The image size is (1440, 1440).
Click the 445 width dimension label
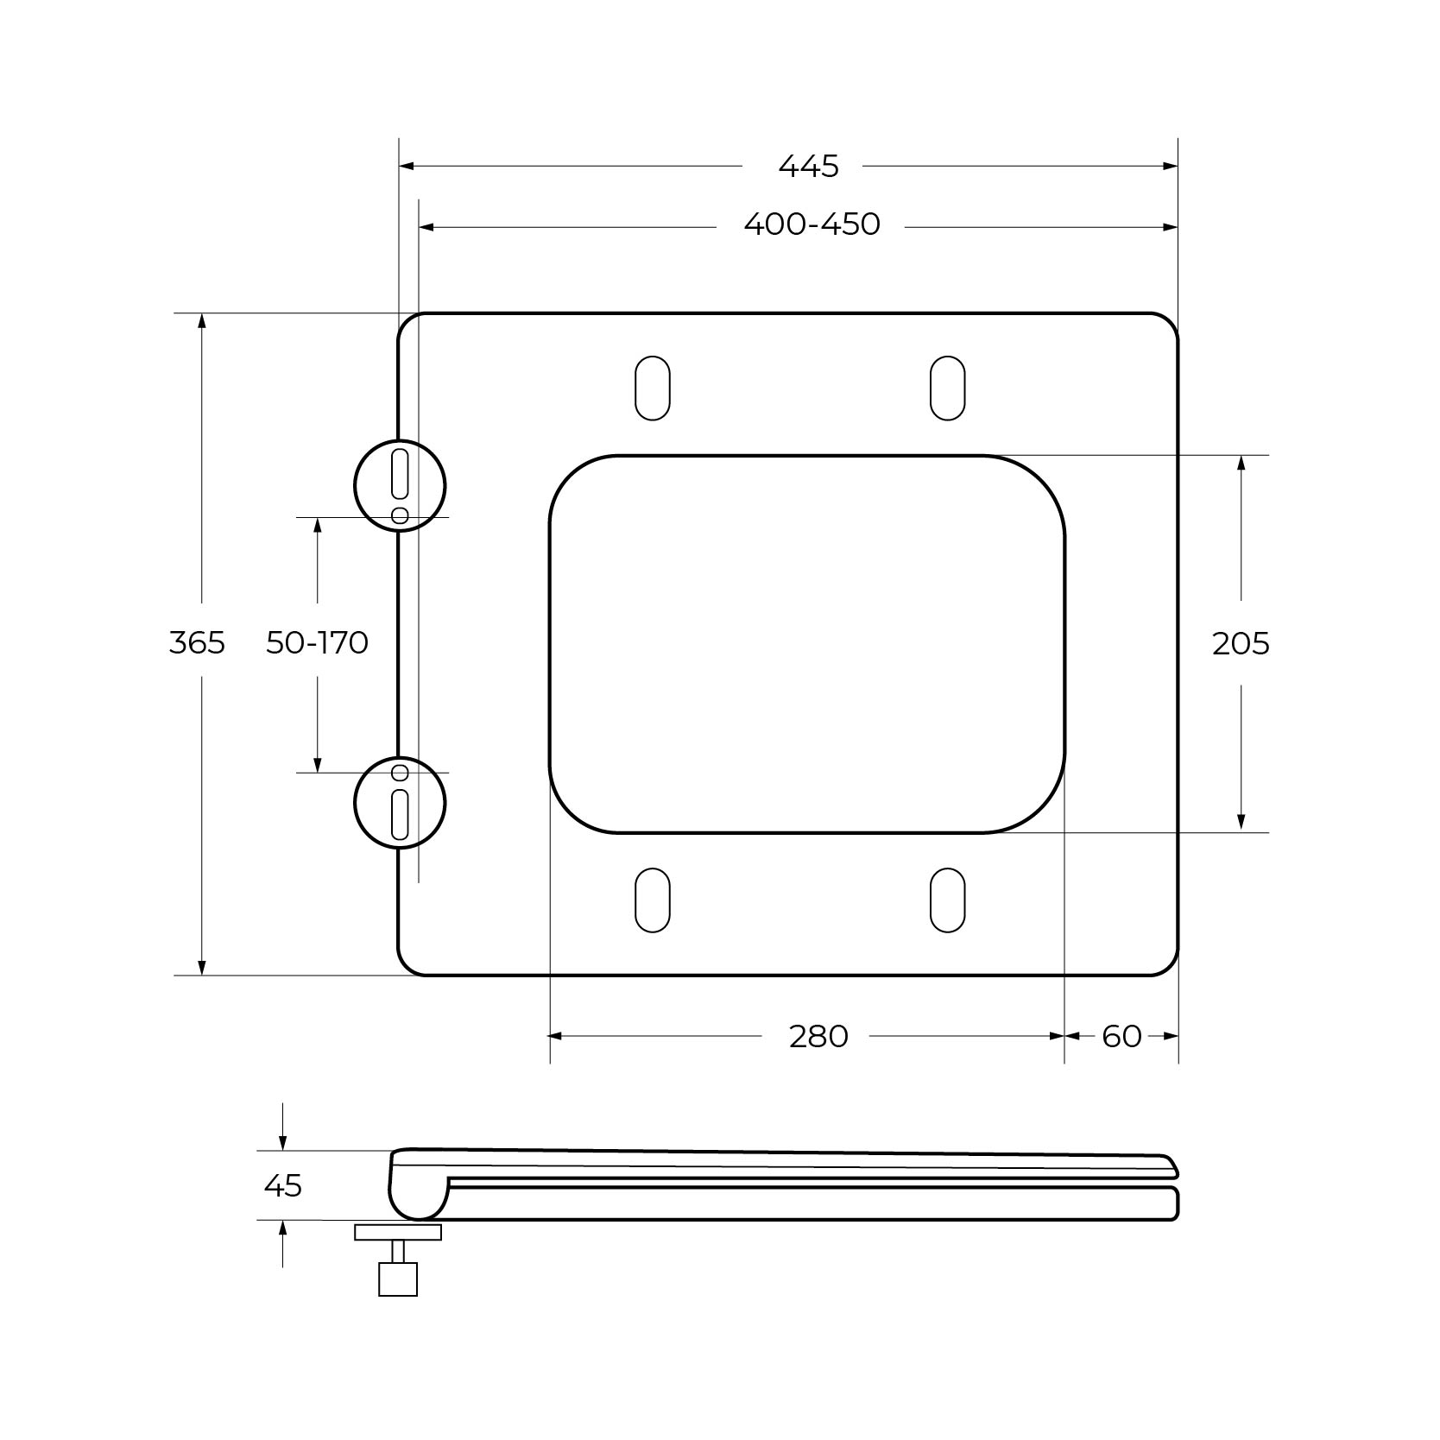(x=808, y=166)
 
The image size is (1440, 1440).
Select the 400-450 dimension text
(x=812, y=224)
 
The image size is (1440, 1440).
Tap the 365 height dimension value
(x=197, y=642)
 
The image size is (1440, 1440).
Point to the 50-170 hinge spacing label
(x=317, y=642)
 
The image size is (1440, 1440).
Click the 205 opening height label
(x=1241, y=643)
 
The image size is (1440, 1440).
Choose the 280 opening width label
(x=818, y=1036)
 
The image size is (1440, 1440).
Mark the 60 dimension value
(x=1121, y=1036)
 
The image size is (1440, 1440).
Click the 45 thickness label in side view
(x=283, y=1185)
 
